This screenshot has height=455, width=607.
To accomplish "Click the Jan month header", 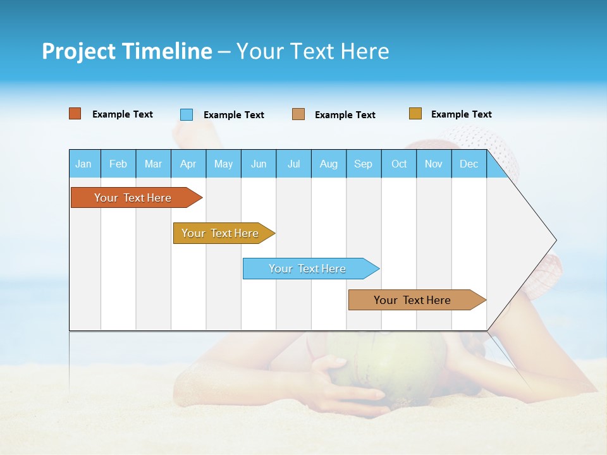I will click(83, 164).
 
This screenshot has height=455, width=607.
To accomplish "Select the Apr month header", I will click(188, 164).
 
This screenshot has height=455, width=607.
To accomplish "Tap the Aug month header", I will click(328, 164).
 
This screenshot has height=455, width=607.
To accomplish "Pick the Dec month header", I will click(469, 164).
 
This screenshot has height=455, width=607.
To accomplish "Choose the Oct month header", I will click(399, 164).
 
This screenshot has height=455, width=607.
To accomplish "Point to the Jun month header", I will click(258, 164).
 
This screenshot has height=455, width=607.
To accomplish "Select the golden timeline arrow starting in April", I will click(221, 233).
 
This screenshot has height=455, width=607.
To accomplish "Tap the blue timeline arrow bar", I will click(309, 269).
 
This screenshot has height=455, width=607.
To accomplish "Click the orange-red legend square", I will click(75, 114).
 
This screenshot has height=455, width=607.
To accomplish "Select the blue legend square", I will click(187, 114).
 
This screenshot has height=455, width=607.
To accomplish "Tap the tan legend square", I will click(298, 114).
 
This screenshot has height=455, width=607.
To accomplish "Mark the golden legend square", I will click(415, 114).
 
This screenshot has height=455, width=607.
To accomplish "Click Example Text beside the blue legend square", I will click(233, 115).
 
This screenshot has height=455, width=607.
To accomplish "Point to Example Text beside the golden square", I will click(461, 114).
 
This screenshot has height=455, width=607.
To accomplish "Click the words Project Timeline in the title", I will click(127, 51).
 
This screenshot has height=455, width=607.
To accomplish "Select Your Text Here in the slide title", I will click(312, 51).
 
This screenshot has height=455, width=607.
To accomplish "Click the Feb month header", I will click(118, 164).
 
